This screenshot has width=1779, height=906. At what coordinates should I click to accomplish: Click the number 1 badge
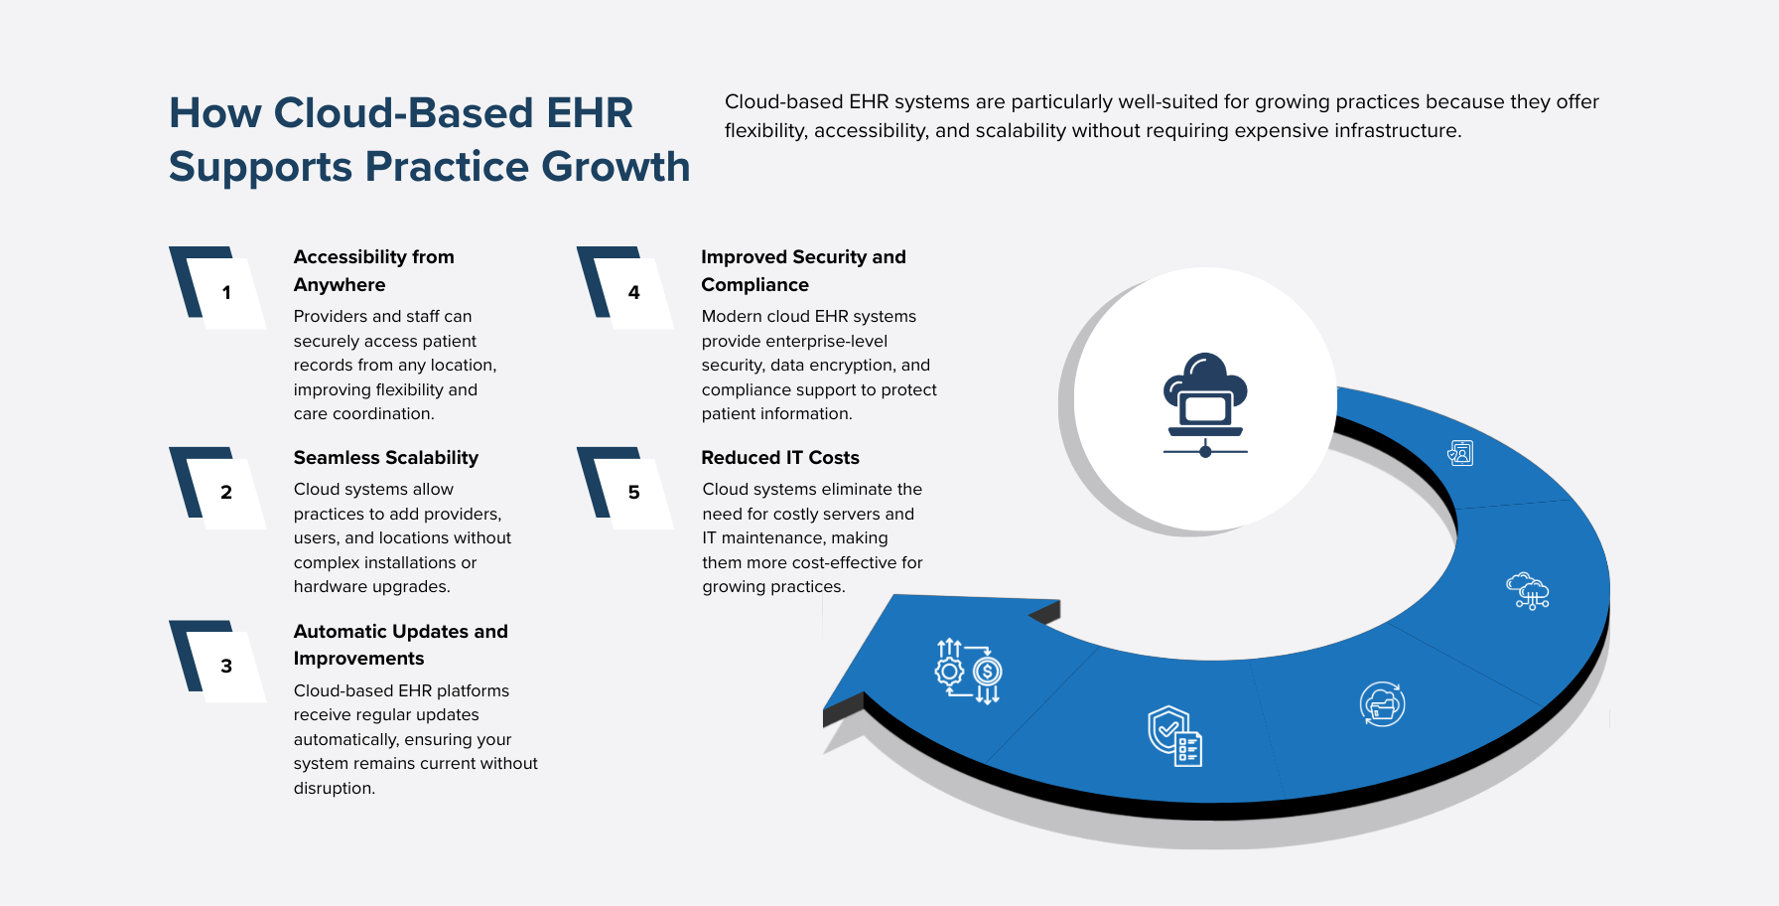(226, 292)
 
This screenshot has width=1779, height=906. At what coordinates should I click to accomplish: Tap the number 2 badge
(226, 492)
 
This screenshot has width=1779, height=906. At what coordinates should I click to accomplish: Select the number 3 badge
(226, 666)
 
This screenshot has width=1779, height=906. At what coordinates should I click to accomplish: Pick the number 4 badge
(633, 292)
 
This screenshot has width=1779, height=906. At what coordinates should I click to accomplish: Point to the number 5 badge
(633, 492)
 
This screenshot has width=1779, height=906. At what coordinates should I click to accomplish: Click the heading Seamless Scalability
(385, 458)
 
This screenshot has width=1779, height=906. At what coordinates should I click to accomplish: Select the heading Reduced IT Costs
(779, 458)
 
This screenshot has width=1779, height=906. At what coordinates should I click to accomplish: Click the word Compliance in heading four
(754, 285)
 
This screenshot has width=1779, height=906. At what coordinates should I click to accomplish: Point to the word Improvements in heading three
(358, 659)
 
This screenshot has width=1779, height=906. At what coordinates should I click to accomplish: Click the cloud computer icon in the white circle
(1205, 403)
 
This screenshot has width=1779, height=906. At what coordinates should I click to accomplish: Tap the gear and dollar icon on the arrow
(968, 671)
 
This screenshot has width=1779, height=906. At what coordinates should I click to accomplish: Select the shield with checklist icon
(1174, 736)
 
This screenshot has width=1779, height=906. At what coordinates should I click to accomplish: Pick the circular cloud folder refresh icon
(1382, 704)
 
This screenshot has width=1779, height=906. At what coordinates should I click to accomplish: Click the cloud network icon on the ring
(1527, 590)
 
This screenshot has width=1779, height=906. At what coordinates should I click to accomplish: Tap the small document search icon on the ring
(1460, 453)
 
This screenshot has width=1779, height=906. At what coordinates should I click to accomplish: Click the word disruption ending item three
(333, 789)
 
